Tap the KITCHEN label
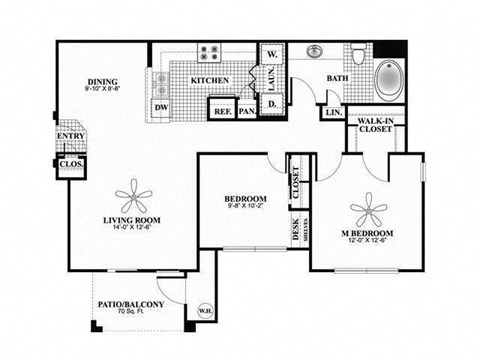point(212,80)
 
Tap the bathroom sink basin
point(314,52)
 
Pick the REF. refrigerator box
point(223,111)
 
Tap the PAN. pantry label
point(246,111)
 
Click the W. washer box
point(271,53)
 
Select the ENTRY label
point(70,137)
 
